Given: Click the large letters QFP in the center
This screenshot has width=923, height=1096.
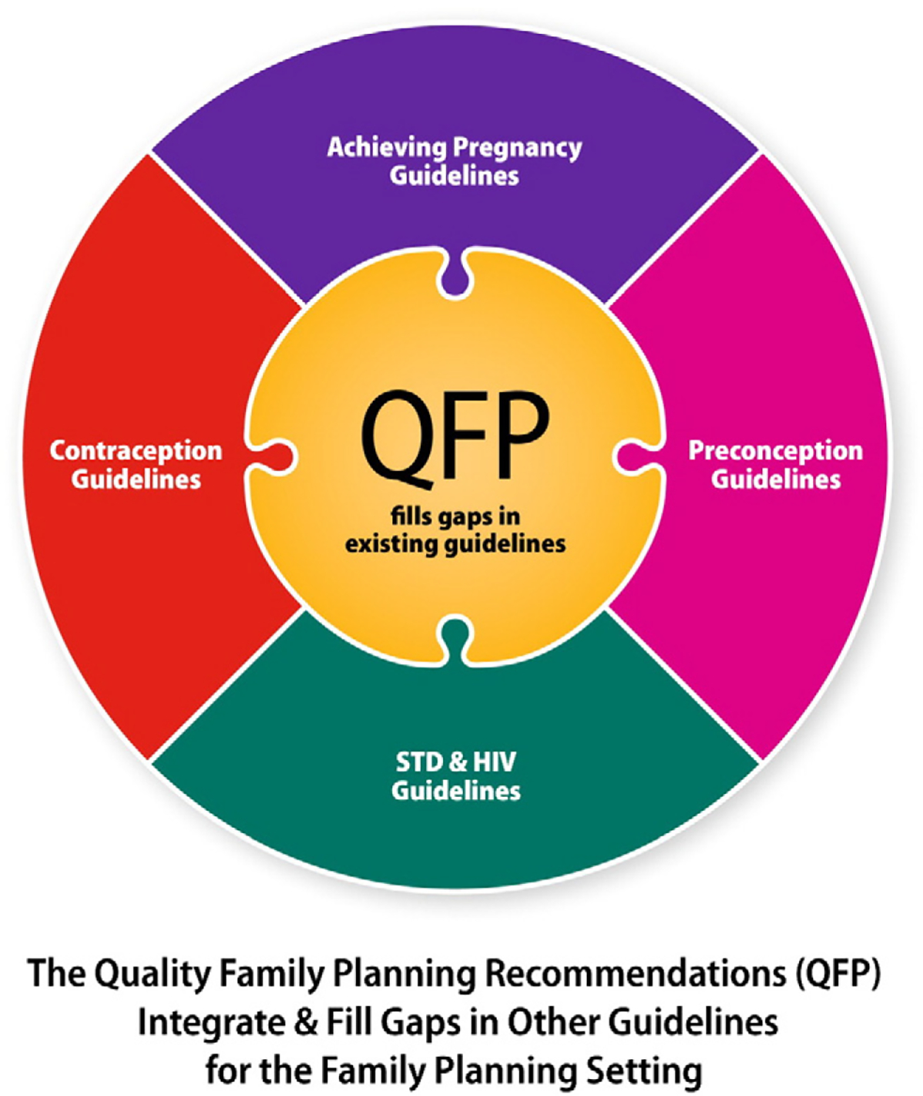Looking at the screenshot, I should click(x=455, y=434).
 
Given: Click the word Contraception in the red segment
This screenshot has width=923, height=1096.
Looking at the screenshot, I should click(x=136, y=450).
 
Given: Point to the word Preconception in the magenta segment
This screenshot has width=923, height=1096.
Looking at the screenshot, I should click(x=775, y=450).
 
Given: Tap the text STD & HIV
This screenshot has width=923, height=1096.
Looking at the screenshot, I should click(x=455, y=762).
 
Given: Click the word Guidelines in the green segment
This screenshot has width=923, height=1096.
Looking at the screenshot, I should click(x=455, y=791).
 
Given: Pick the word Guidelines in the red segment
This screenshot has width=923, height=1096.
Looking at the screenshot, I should click(x=136, y=480).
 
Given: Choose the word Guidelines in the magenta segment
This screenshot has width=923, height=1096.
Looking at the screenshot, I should click(x=775, y=480).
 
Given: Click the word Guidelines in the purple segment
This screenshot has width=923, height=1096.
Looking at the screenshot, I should click(x=454, y=176).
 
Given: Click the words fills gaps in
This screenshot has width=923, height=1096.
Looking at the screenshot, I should click(x=455, y=516).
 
